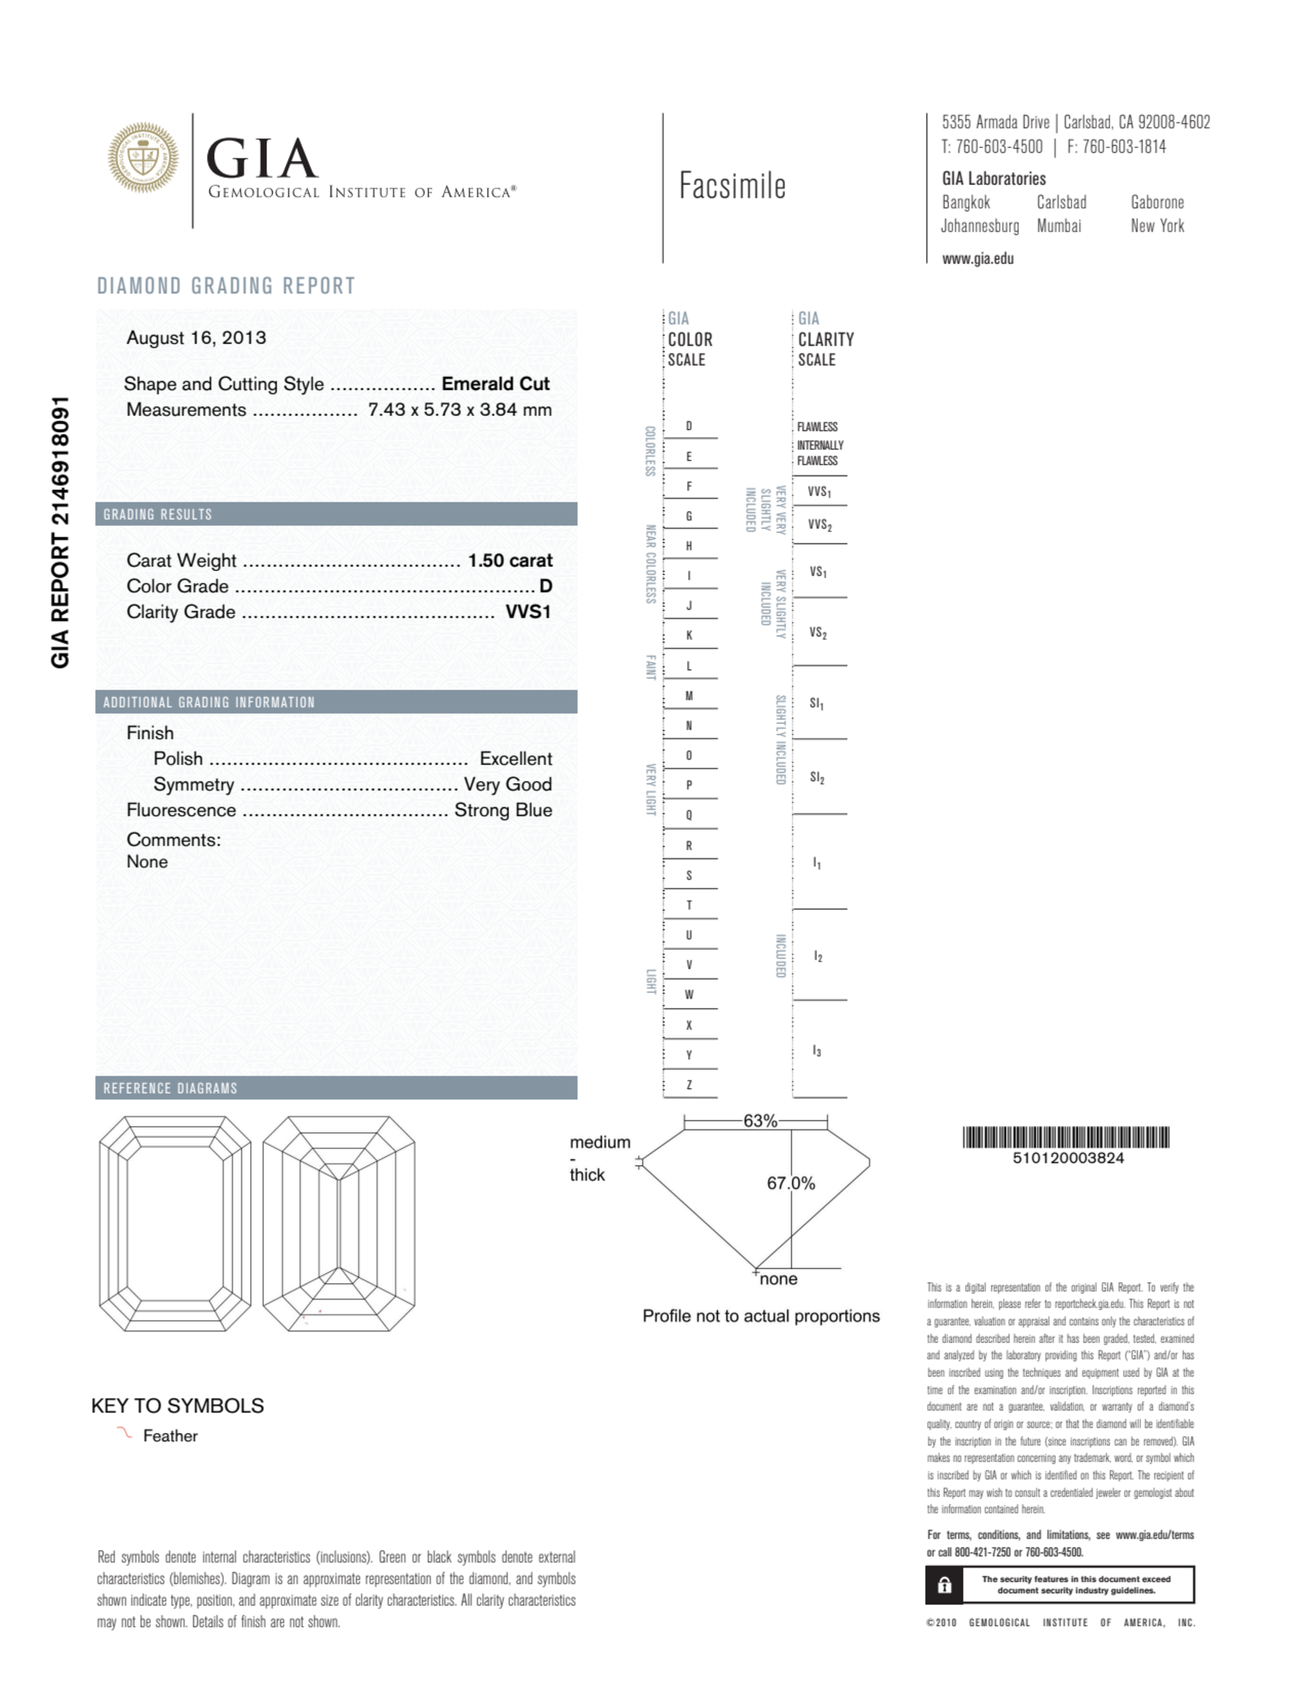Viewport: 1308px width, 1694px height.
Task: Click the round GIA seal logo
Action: point(143,158)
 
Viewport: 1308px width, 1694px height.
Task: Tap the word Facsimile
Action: point(732,186)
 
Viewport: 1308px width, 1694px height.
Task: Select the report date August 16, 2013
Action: point(196,338)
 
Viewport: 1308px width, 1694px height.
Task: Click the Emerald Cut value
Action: point(495,384)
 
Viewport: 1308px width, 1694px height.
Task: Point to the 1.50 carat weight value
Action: point(510,561)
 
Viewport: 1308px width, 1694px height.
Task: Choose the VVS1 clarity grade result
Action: point(528,612)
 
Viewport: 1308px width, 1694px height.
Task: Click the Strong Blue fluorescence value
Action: point(503,810)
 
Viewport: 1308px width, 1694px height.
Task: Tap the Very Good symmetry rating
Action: point(508,785)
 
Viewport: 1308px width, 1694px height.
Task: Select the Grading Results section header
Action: point(158,514)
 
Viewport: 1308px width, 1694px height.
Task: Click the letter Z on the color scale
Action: point(688,1085)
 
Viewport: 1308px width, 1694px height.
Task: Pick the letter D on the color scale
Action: point(688,426)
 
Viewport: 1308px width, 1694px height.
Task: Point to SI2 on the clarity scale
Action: point(817,777)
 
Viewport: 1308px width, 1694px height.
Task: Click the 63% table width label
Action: point(760,1121)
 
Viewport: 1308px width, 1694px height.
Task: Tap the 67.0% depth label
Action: point(791,1183)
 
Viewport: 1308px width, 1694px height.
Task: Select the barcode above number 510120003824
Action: point(1066,1137)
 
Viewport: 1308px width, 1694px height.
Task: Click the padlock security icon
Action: point(945,1585)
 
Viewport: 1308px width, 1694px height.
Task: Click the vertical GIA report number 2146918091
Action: point(61,532)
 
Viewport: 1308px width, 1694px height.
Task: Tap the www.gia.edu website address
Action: point(978,259)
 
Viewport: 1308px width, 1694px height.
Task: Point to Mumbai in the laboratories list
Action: point(1058,226)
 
